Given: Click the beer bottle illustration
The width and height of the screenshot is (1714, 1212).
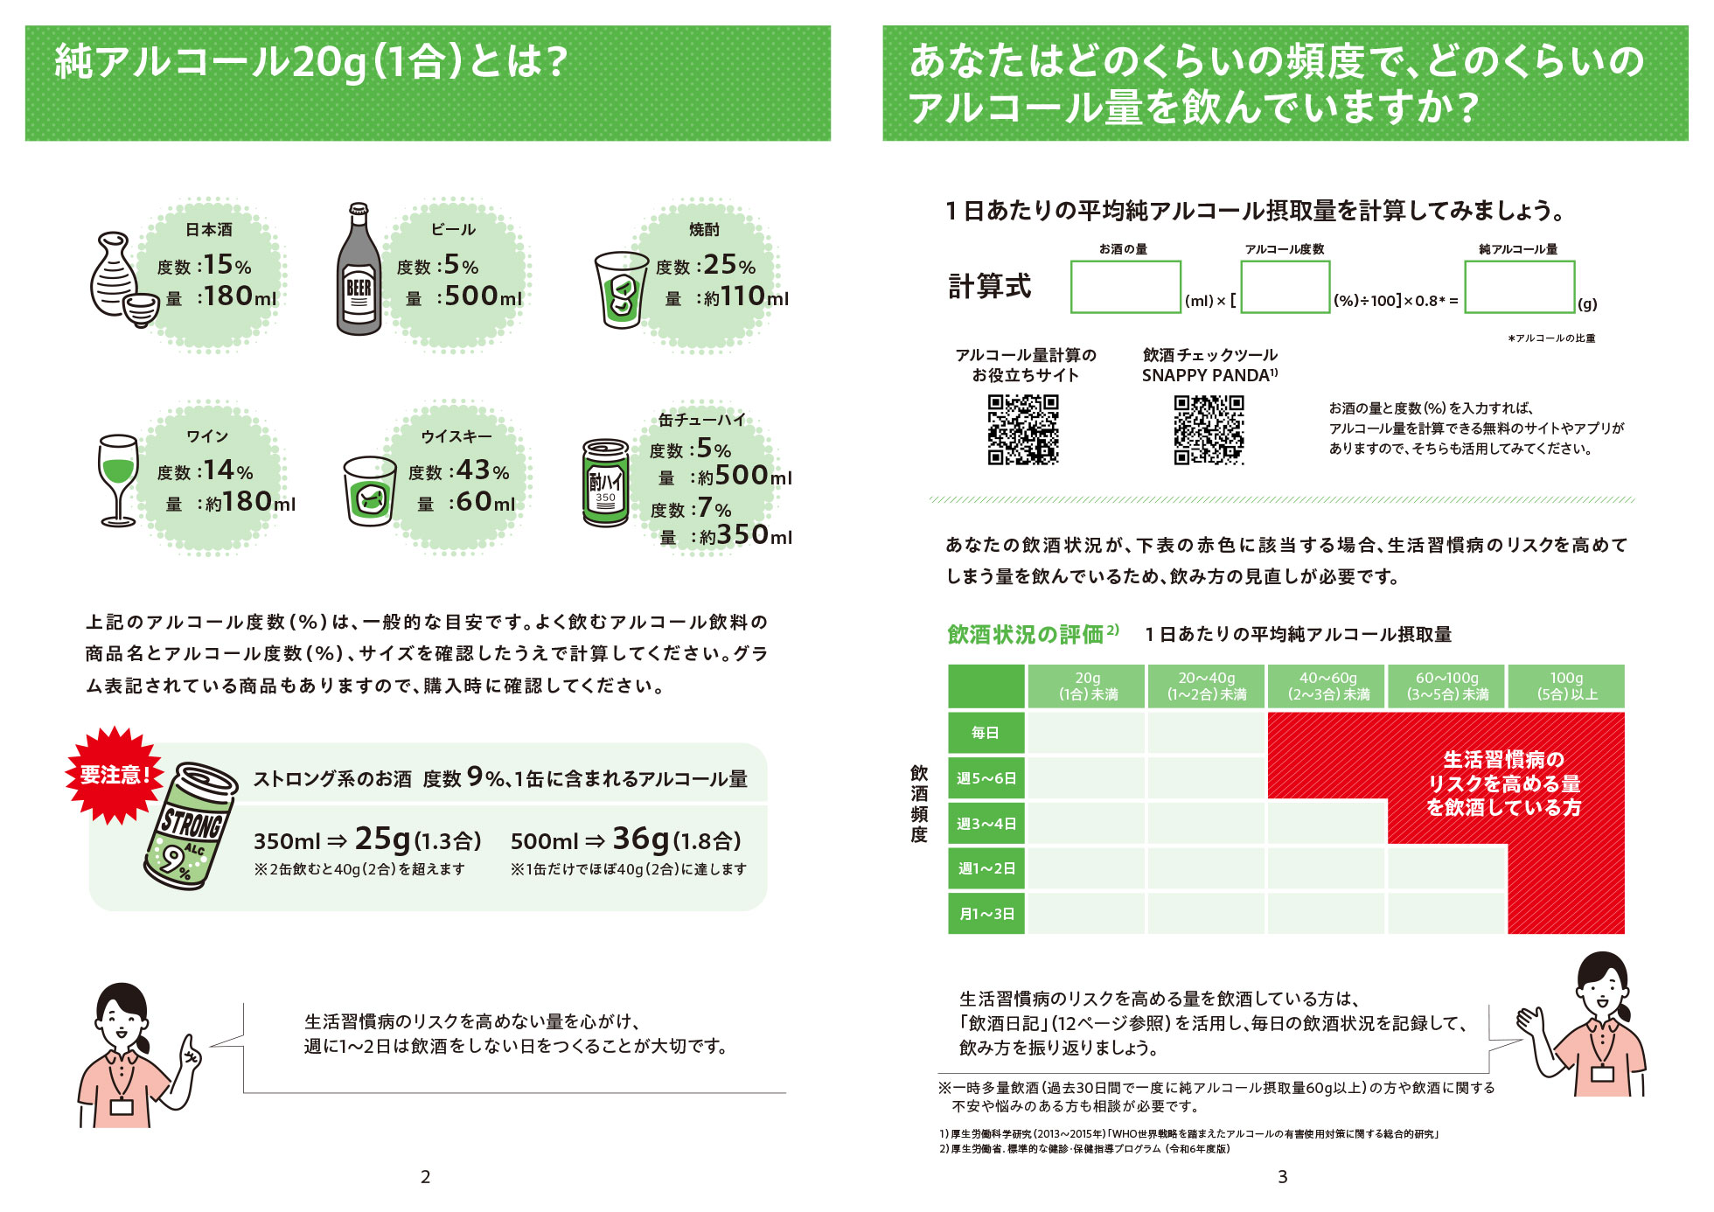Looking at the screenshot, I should (x=359, y=271).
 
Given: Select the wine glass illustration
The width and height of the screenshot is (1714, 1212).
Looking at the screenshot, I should (x=118, y=480).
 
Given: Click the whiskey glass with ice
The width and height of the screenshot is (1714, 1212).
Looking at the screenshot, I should (x=369, y=491).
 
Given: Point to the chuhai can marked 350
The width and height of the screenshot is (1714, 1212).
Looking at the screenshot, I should (x=605, y=483).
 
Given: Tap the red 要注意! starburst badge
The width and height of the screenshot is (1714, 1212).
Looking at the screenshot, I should (x=114, y=775).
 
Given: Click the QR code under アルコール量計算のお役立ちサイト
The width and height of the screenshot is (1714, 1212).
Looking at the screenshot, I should (x=1023, y=429).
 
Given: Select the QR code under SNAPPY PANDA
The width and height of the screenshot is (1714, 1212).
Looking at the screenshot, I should (x=1209, y=429).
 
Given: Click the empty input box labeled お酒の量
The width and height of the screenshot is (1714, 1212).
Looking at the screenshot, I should (x=1125, y=287).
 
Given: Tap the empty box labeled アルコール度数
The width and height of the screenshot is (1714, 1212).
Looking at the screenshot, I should (x=1285, y=287).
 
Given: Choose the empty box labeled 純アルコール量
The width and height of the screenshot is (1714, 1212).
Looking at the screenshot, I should (x=1519, y=287).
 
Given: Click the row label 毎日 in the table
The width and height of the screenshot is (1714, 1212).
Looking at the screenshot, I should (x=986, y=733).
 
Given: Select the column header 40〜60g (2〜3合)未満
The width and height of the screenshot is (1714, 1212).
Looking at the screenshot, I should (x=1327, y=686).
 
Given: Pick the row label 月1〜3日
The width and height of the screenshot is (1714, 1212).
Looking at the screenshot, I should (x=986, y=914).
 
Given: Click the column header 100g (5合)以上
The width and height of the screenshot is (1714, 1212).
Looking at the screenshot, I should (x=1566, y=686).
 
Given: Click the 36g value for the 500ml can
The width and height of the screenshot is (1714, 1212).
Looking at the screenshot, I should (x=640, y=839).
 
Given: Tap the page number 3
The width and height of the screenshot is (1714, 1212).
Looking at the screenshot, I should (x=1282, y=1177).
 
